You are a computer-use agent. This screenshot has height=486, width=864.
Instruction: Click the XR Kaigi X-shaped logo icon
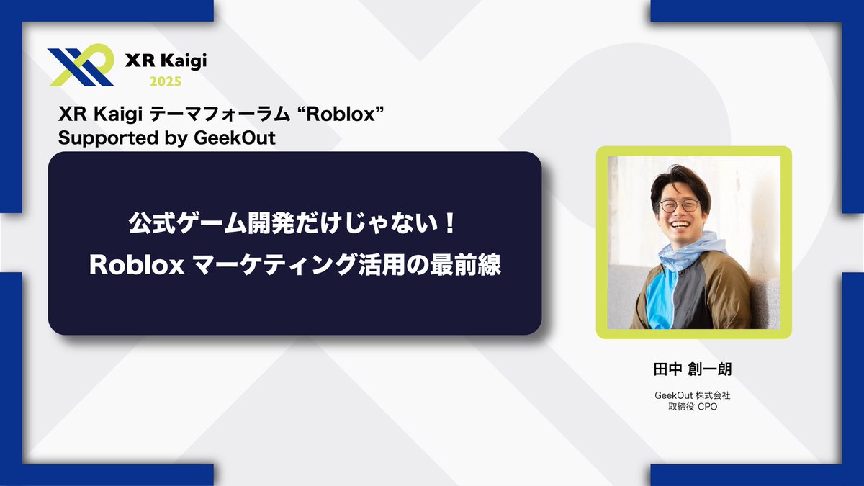click(80, 66)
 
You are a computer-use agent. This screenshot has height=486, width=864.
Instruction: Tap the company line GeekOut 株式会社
click(693, 395)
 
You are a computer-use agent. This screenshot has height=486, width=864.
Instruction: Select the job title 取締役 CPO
click(693, 407)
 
